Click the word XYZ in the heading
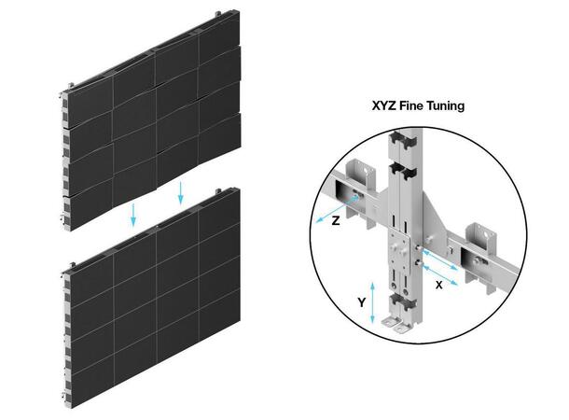click(383, 106)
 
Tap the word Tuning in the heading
click(452, 106)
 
